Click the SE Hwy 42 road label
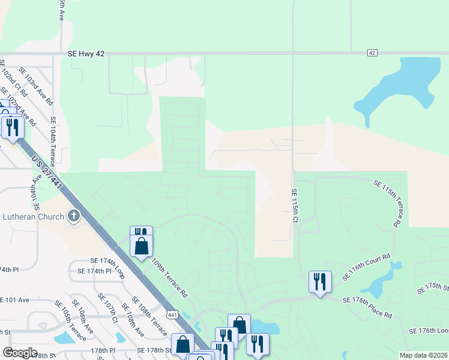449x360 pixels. click(x=86, y=54)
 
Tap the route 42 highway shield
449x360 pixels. click(x=372, y=53)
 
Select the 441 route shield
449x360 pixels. click(x=172, y=314)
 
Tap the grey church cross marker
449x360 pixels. click(x=74, y=216)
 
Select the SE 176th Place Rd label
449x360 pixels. click(x=367, y=307)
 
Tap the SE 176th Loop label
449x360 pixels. click(x=429, y=331)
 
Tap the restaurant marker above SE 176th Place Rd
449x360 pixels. click(x=319, y=281)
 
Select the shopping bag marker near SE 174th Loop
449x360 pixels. click(x=141, y=246)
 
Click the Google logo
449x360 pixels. click(x=20, y=353)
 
